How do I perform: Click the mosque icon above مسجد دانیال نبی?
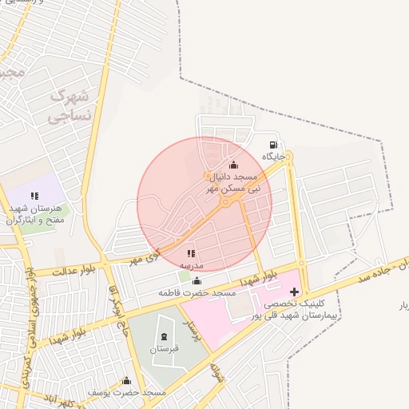pos(233,165)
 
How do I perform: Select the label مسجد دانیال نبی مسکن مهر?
pos(234,181)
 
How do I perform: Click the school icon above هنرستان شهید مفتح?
pos(34,196)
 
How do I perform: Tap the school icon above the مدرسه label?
pos(191,254)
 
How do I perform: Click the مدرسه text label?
pos(191,265)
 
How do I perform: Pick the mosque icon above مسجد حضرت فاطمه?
pos(197,281)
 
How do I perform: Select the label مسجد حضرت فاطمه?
pos(197,293)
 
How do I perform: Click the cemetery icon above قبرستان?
pos(165,337)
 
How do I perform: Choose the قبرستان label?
pos(165,349)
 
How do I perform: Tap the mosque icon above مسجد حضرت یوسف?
pos(126,381)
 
